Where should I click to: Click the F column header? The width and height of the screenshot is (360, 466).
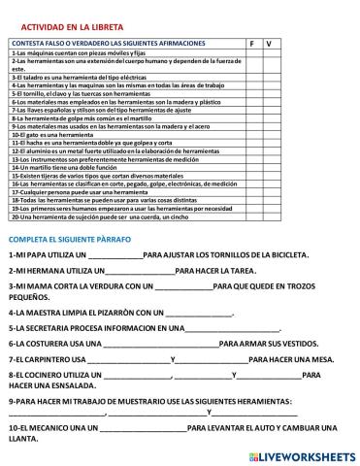coord(250,44)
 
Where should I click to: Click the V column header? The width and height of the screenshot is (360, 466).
coord(268,44)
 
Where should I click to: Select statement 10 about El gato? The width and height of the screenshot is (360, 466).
coord(58,136)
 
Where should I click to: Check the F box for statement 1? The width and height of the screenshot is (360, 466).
coord(250,52)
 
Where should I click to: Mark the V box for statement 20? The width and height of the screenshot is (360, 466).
coord(268,216)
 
